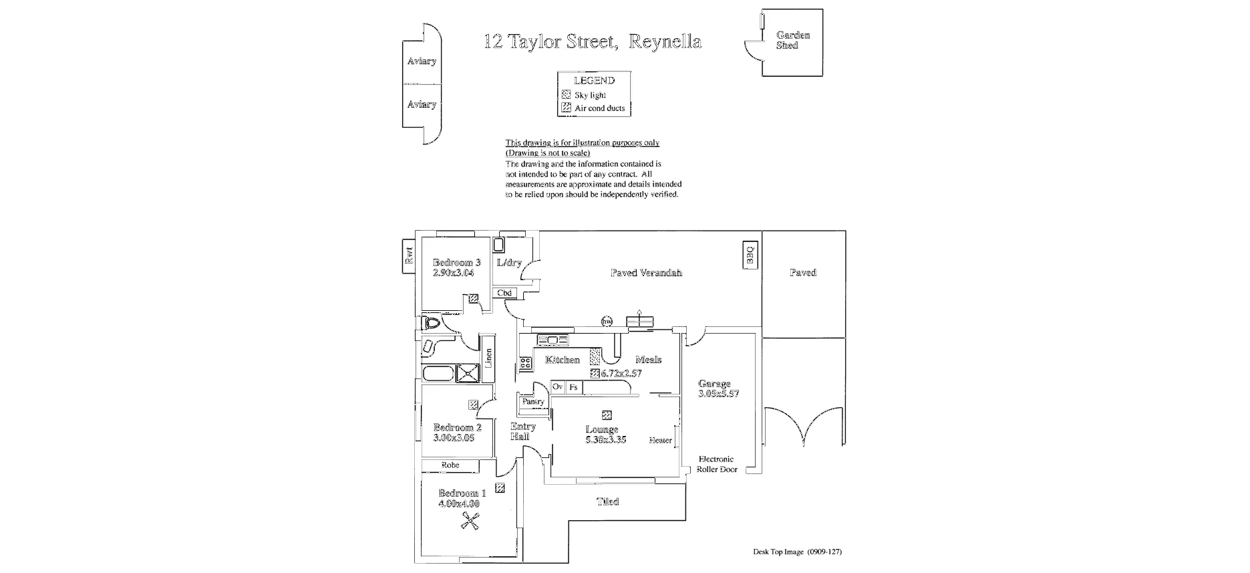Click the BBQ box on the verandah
(749, 255)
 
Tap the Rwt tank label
(409, 256)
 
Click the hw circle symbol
(607, 322)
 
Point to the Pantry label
(533, 402)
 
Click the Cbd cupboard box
(504, 293)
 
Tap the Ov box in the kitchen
(558, 387)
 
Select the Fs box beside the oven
(573, 387)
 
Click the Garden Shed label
(792, 40)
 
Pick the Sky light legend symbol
(566, 95)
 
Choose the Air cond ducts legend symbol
(566, 108)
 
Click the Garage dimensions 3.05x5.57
(718, 394)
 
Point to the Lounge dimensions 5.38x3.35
(605, 440)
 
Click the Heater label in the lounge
(660, 440)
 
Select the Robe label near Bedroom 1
(450, 465)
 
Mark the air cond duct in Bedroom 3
(473, 299)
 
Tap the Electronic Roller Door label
(716, 464)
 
